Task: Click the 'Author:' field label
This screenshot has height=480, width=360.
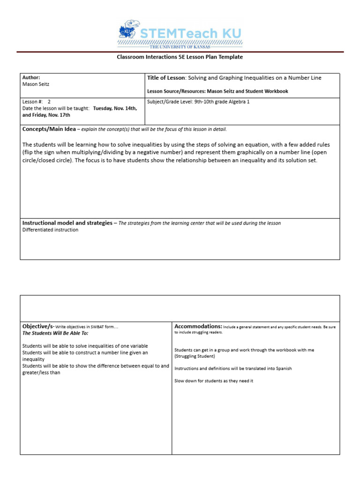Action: (31, 77)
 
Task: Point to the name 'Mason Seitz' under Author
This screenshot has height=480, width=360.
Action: (36, 84)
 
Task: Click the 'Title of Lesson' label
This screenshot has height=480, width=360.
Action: (166, 78)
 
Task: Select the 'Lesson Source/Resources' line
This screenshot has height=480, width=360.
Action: (217, 91)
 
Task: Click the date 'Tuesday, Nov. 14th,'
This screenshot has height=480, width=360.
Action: (115, 108)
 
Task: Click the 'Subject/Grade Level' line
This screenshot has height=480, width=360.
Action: (198, 101)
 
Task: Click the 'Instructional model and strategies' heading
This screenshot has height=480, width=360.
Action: (67, 223)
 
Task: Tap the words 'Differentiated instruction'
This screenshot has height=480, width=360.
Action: (51, 230)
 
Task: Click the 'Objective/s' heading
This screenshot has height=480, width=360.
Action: (38, 326)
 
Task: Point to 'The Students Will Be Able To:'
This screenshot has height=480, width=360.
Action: (55, 333)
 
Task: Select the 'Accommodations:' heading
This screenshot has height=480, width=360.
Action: (198, 326)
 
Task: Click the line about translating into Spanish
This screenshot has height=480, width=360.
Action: (233, 368)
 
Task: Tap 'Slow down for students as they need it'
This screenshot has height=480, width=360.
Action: (213, 381)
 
